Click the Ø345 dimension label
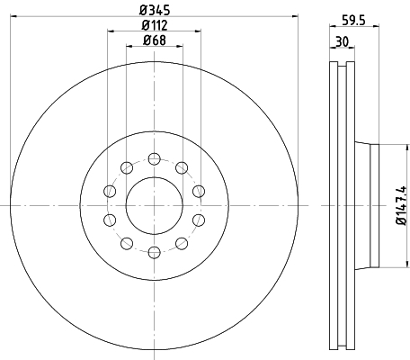(x=155, y=10)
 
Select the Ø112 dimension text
(x=155, y=25)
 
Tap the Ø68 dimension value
(x=155, y=40)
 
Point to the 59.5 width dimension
(x=354, y=21)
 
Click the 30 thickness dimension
(x=342, y=41)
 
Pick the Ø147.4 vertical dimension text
(x=401, y=205)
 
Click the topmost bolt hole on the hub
(x=155, y=158)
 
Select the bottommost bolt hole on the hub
(x=155, y=252)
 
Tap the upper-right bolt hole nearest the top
(x=182, y=167)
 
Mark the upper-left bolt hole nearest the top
(x=127, y=167)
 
